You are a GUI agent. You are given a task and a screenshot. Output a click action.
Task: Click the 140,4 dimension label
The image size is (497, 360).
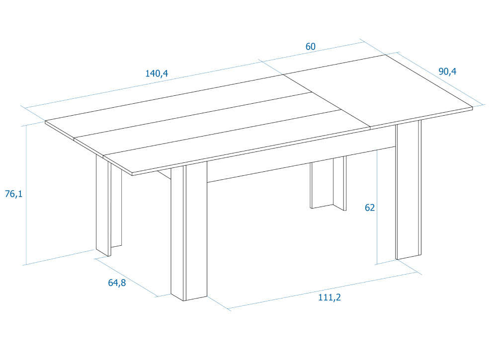(x=157, y=73)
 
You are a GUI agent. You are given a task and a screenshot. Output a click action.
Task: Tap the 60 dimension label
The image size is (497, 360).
(x=310, y=47)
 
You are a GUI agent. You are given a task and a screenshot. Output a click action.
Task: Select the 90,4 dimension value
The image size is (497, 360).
(x=447, y=72)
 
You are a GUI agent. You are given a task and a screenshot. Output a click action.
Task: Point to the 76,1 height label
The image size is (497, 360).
(x=13, y=194)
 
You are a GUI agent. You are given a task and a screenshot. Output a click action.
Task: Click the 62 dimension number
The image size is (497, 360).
(x=370, y=208)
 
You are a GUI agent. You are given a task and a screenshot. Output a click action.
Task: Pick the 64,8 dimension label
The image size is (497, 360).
(x=117, y=283)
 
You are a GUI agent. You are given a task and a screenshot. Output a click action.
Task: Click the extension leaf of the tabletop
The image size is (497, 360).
(x=378, y=89)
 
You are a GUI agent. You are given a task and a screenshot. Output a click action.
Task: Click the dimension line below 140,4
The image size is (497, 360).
(x=149, y=83)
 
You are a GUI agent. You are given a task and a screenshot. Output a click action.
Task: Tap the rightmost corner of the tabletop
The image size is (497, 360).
(x=471, y=108)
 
